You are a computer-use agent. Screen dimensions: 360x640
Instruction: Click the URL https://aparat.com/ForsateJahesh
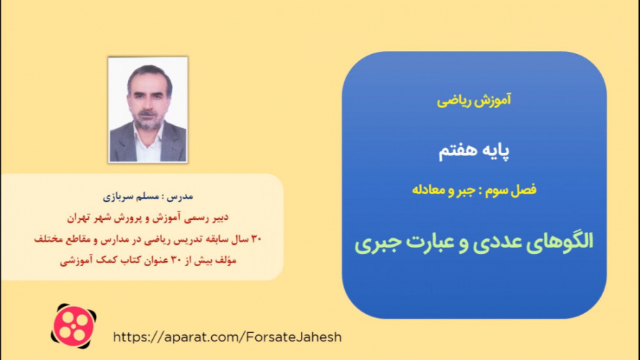pos(228,337)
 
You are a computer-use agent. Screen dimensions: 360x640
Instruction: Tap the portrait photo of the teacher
pos(148,110)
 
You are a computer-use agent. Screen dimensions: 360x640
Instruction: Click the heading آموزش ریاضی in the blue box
pos(474,101)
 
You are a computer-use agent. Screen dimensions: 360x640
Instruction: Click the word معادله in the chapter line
pos(433,190)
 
